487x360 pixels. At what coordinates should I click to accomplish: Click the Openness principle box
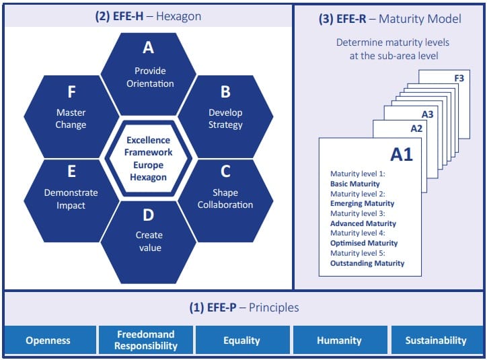[48, 340]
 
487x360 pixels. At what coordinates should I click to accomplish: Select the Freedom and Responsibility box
[146, 340]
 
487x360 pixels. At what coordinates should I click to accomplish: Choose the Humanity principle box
[340, 340]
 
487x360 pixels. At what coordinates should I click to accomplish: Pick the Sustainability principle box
[436, 340]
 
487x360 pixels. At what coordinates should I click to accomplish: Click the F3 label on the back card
[459, 79]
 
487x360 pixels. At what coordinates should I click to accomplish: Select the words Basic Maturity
[354, 184]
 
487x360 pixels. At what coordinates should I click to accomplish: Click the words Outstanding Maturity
[367, 263]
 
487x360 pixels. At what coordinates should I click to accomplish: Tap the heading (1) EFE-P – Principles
[243, 308]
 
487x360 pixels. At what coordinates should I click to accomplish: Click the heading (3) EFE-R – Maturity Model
[389, 19]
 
